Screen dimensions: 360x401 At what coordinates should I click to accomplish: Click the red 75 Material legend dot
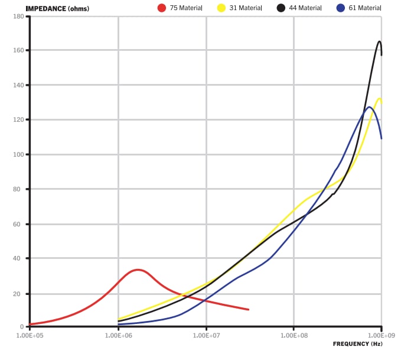pos(162,8)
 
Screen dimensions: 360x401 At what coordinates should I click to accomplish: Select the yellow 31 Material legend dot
pos(221,8)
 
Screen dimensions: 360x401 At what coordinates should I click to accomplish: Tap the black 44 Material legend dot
pos(281,8)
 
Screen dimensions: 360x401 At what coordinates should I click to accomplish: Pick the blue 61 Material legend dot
pos(340,8)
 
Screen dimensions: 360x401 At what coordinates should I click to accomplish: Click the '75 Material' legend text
pos(186,8)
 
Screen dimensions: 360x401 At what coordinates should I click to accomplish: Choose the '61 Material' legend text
pos(365,8)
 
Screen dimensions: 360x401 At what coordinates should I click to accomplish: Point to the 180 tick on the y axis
pos(18,16)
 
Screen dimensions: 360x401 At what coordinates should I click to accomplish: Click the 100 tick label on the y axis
pos(18,155)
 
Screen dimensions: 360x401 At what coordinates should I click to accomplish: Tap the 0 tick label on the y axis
pos(22,327)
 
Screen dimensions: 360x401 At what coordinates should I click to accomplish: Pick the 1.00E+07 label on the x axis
pos(206,335)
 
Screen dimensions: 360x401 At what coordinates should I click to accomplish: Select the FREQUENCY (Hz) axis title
pos(357,343)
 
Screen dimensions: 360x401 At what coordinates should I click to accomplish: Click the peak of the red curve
pos(138,270)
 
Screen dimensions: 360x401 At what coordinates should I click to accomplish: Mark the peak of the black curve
pos(379,41)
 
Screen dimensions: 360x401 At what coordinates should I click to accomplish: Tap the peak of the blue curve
pos(370,107)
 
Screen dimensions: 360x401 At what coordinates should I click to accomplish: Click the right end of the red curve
pos(249,309)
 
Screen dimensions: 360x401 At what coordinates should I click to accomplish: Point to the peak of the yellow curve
pos(379,99)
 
